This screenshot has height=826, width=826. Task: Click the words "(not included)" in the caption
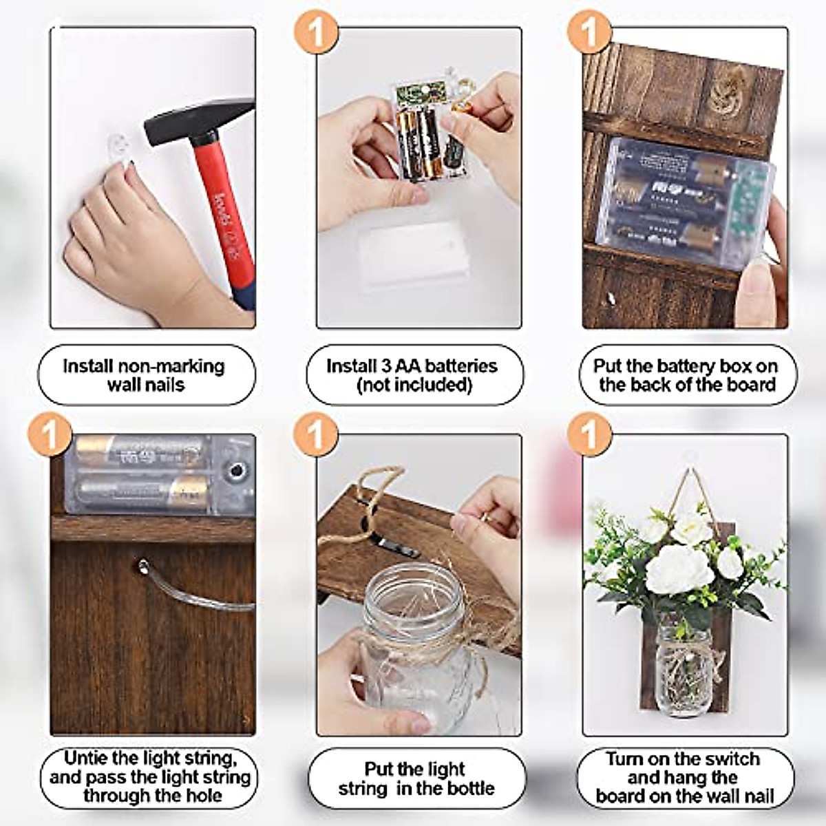(x=414, y=385)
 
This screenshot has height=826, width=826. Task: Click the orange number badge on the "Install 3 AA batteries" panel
(x=317, y=30)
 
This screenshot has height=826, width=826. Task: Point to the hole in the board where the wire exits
(x=142, y=567)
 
